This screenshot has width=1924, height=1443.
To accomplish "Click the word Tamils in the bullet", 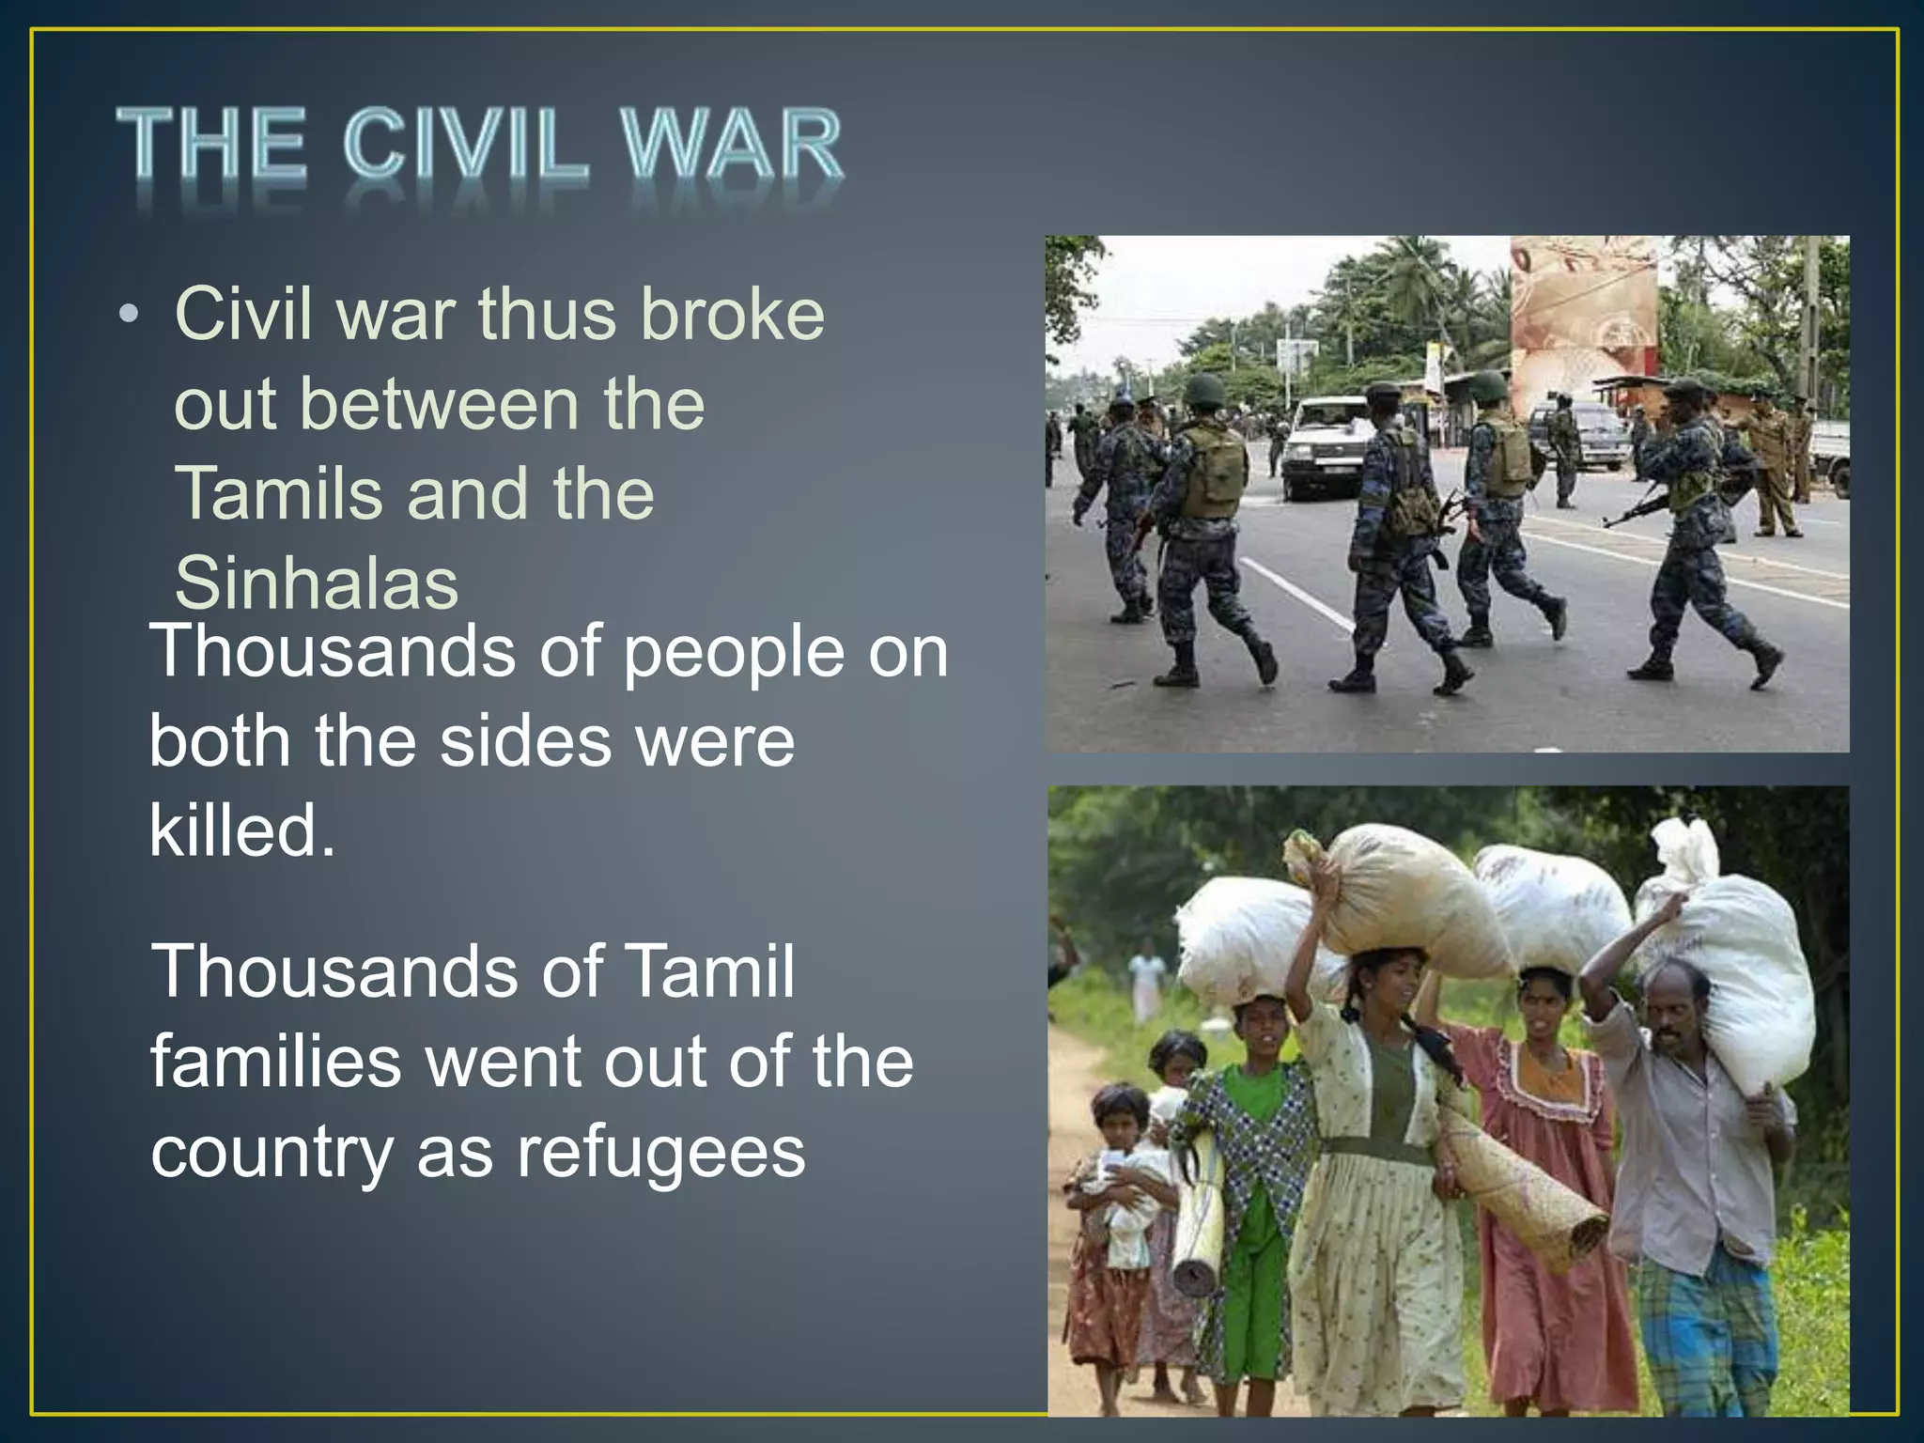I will click(x=279, y=493).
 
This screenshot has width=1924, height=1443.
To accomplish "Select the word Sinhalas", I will click(x=317, y=582).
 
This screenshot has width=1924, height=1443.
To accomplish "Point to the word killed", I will click(x=242, y=830).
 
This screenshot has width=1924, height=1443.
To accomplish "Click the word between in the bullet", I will click(x=439, y=405).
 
